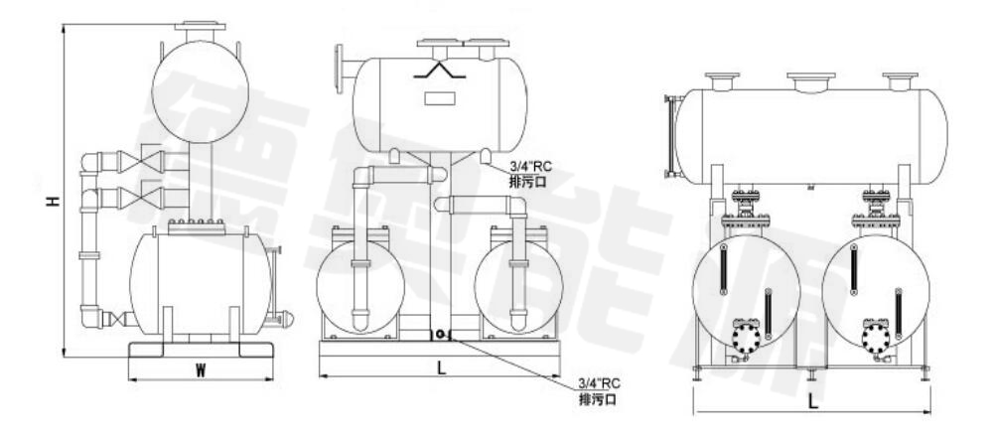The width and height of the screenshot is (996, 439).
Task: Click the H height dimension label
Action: (54, 201)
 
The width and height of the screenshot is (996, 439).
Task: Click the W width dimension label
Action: (201, 371)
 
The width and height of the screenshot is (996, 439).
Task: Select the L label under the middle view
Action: (442, 367)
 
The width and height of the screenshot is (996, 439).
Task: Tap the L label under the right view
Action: (813, 401)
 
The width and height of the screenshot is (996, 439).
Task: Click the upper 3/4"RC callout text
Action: (531, 168)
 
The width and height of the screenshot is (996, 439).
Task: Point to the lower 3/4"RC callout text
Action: (599, 383)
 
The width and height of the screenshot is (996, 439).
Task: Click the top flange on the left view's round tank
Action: (200, 28)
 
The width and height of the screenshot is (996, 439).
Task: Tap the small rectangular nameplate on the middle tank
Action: (440, 99)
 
